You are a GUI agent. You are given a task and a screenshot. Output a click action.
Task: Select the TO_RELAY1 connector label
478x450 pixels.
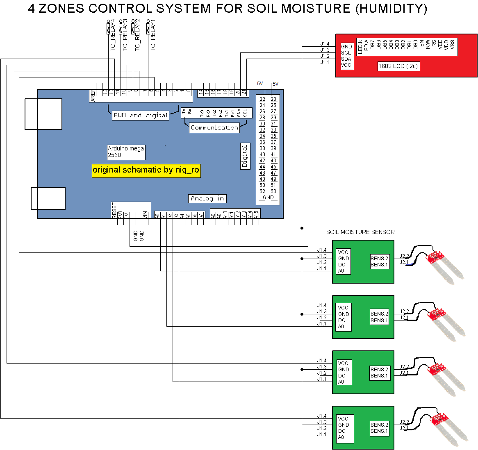click(153, 36)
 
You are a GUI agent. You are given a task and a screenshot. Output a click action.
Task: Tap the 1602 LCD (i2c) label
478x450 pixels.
click(398, 66)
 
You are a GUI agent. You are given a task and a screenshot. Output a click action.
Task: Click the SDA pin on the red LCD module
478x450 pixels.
click(346, 59)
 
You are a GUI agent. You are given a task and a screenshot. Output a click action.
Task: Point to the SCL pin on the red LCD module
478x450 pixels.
click(346, 53)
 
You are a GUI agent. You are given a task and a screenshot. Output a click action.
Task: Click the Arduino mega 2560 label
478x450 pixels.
click(126, 152)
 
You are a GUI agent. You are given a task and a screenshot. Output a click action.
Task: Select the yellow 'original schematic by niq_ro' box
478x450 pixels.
click(146, 170)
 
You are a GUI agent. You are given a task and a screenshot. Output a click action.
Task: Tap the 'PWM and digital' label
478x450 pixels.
click(141, 116)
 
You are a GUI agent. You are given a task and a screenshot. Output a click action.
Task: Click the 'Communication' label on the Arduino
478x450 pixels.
click(214, 127)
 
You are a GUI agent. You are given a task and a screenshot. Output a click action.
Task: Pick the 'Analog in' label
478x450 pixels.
click(207, 198)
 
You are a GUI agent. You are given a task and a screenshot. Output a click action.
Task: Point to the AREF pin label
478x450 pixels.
click(93, 95)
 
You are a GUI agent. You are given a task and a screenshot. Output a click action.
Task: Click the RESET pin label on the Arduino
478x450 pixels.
click(114, 210)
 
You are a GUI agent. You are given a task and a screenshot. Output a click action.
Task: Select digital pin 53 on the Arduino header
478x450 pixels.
click(273, 191)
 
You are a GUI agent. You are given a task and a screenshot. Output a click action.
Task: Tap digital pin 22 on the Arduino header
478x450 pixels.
click(262, 99)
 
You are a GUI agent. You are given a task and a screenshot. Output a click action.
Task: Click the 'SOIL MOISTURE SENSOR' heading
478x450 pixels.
click(360, 232)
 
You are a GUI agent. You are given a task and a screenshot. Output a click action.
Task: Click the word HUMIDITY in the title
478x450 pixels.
click(391, 9)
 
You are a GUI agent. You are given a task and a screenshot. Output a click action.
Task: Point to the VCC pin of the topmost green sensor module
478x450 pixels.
click(343, 252)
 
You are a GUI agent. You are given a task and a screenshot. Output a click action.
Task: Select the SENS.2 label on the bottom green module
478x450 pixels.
click(379, 425)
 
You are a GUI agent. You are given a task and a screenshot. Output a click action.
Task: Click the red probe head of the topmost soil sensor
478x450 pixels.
click(435, 257)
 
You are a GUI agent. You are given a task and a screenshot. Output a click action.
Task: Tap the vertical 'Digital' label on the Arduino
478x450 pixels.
click(245, 156)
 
